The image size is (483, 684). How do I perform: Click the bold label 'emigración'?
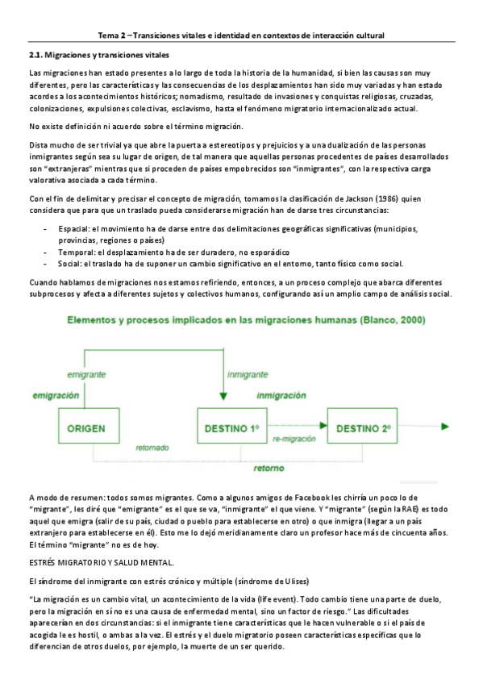click(56, 395)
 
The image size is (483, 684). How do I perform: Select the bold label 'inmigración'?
click(282, 395)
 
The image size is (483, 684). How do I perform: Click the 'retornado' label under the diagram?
click(152, 448)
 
